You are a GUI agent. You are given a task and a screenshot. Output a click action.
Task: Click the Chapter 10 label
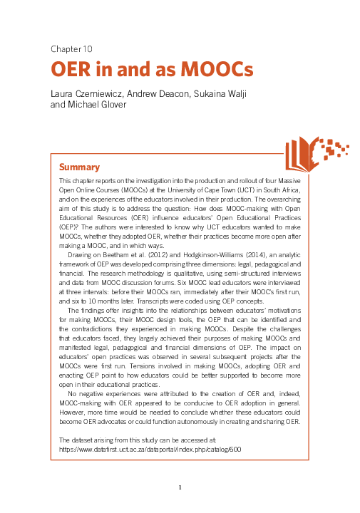(71, 49)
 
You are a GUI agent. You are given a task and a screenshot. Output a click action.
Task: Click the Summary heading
(79, 167)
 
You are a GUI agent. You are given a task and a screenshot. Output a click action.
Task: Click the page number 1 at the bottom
(180, 487)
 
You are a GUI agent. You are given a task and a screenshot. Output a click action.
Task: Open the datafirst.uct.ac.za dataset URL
(150, 450)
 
